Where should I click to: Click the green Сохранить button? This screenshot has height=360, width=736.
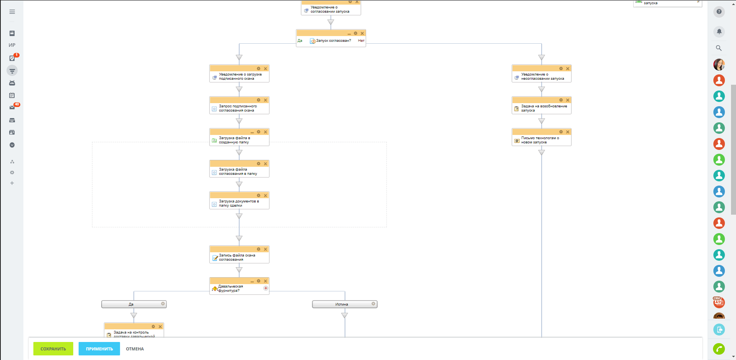click(53, 349)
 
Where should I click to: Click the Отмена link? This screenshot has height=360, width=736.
click(135, 349)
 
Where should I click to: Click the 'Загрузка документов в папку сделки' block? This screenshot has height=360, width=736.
click(239, 204)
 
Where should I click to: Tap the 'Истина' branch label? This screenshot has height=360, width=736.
click(342, 304)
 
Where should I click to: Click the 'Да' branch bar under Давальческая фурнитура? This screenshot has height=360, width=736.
click(131, 304)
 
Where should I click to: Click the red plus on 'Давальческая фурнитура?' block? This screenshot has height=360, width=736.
click(266, 288)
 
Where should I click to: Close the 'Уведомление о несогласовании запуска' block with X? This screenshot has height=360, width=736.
click(568, 69)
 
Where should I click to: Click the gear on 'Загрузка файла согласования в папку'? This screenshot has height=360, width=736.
click(259, 164)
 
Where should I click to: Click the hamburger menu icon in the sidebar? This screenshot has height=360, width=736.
click(12, 12)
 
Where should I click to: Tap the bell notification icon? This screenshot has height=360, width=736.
click(719, 31)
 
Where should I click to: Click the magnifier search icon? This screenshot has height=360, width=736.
click(719, 48)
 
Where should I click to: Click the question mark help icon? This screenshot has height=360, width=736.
click(719, 12)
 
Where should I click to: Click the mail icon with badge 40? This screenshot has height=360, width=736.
click(12, 108)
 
